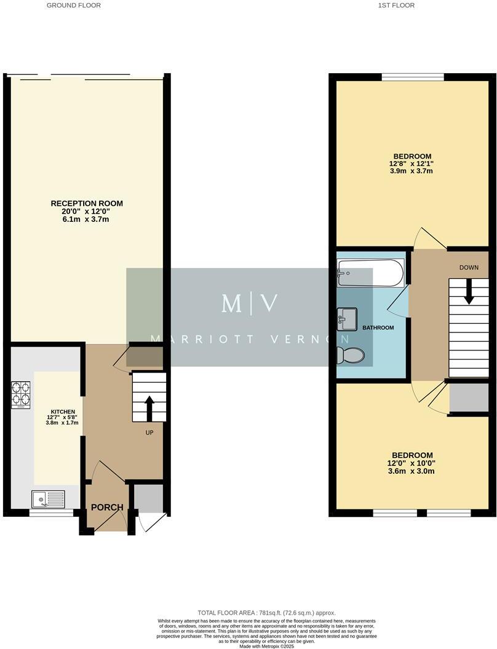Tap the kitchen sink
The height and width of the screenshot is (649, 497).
[x=49, y=499]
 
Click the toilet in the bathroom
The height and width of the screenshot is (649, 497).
[x=351, y=355]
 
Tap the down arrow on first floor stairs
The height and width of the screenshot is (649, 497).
[x=469, y=291]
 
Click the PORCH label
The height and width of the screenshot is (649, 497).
[x=108, y=508]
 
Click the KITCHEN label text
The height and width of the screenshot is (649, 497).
[x=63, y=412]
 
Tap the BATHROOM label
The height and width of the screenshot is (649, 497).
[x=378, y=328]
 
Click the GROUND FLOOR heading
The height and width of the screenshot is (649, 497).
[x=74, y=5]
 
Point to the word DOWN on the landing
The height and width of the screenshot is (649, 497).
[x=470, y=268]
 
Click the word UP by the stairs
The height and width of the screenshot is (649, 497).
[x=149, y=433]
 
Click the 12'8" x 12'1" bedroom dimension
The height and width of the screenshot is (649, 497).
[x=412, y=163]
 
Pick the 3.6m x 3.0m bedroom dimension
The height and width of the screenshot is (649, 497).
[x=411, y=471]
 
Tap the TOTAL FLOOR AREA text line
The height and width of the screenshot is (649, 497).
[x=266, y=613]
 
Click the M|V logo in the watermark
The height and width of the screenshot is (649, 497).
[x=249, y=303]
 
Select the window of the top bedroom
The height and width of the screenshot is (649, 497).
[x=412, y=77]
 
